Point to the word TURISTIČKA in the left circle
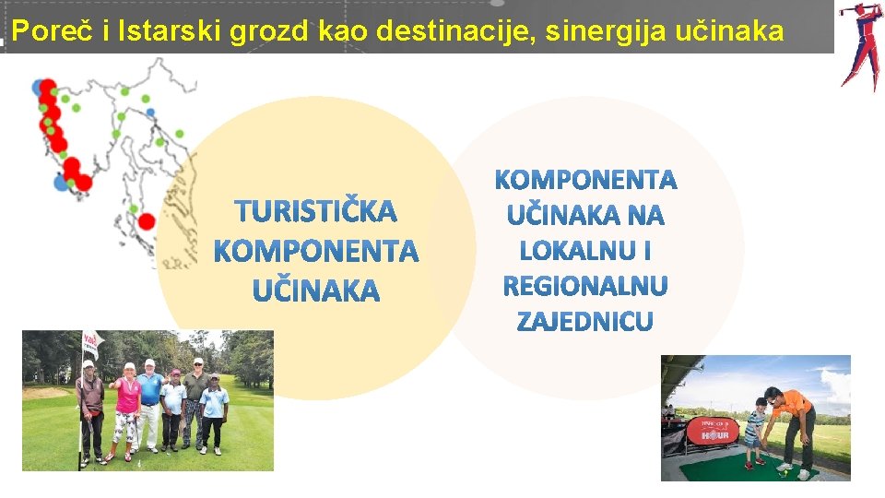(x=316, y=212)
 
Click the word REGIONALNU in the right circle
(x=585, y=287)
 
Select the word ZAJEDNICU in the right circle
(x=585, y=322)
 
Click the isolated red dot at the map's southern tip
(x=146, y=221)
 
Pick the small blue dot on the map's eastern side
(x=150, y=113)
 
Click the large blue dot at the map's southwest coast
(x=62, y=183)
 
